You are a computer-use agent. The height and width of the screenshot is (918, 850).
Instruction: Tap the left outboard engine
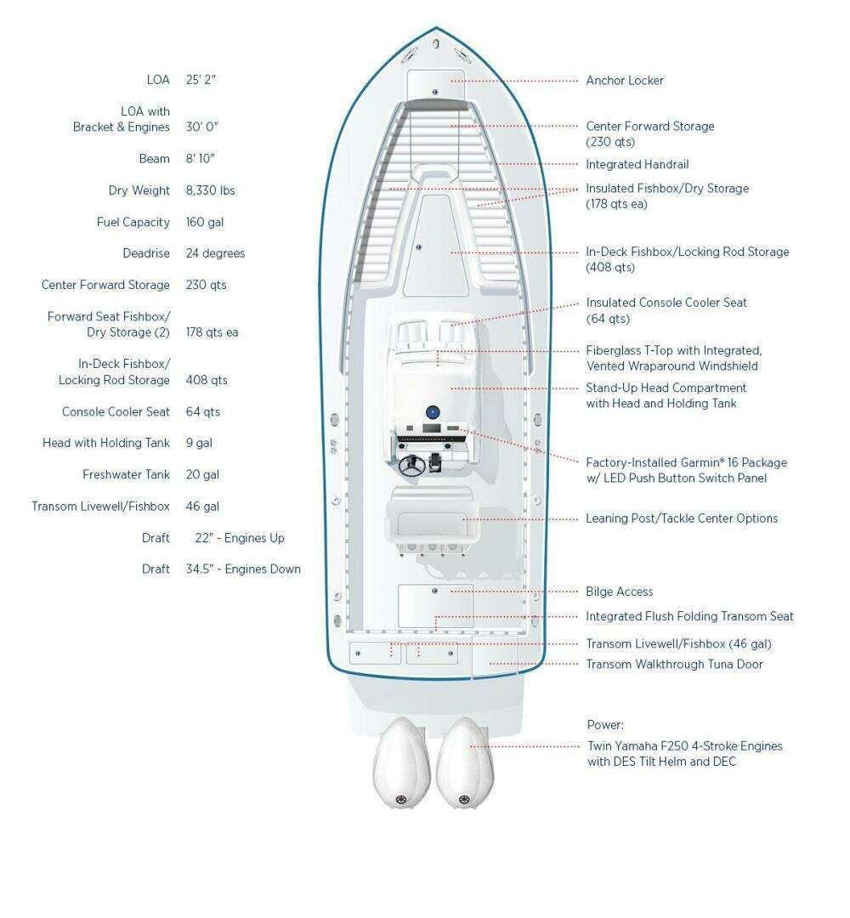tap(401, 762)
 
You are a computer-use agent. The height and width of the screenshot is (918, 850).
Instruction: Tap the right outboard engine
tap(465, 762)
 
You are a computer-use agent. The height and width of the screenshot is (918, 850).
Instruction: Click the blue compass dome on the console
tap(433, 411)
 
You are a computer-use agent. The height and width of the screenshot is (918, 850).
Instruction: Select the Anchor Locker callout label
tap(625, 81)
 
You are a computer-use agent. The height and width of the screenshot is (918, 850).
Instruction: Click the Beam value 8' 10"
tap(201, 159)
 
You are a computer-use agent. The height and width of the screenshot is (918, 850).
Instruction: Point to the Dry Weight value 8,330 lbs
tap(210, 190)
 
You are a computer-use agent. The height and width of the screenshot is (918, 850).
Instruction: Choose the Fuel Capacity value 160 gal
tap(204, 222)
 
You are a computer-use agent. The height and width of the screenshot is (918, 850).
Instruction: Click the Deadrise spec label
tap(146, 253)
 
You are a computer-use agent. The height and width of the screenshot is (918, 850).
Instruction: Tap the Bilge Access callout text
tap(620, 592)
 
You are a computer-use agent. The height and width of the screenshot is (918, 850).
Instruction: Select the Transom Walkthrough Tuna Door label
tap(674, 664)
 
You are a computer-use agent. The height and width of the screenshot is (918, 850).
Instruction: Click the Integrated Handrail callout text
tap(637, 165)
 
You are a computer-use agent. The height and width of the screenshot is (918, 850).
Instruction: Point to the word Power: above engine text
tap(605, 725)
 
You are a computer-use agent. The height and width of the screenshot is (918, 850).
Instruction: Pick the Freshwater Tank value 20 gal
tap(202, 475)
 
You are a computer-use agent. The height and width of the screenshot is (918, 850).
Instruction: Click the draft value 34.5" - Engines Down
tap(243, 569)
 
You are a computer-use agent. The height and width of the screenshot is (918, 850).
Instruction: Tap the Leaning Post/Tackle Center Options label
tap(682, 518)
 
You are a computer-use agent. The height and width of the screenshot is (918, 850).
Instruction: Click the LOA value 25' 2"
tap(201, 80)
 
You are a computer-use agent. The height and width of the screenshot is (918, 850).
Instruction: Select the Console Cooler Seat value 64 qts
tap(203, 411)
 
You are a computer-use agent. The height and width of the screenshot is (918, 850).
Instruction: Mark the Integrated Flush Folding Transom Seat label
tap(689, 616)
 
